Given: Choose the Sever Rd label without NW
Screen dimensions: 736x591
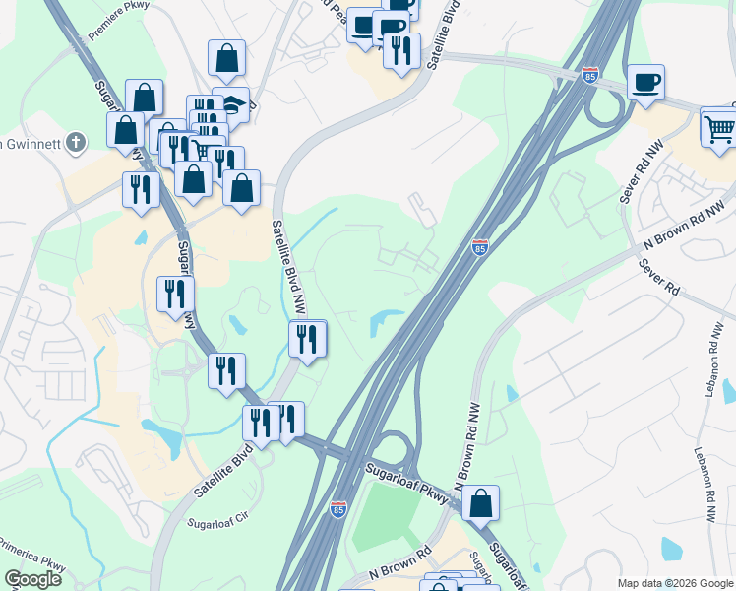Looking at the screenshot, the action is tap(658, 278).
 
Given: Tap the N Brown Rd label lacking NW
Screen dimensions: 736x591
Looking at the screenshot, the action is tap(400, 564).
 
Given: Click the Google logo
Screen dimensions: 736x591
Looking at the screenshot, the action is tap(33, 579).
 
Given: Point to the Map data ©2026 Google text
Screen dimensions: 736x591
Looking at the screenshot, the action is tap(675, 583).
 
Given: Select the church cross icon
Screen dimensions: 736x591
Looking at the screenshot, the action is tap(78, 142).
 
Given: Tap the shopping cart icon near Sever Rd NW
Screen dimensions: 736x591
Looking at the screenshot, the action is tap(719, 127).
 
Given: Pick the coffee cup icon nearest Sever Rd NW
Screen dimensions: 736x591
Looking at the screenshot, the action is tap(645, 83).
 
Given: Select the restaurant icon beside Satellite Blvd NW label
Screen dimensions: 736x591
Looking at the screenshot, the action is tap(307, 340).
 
